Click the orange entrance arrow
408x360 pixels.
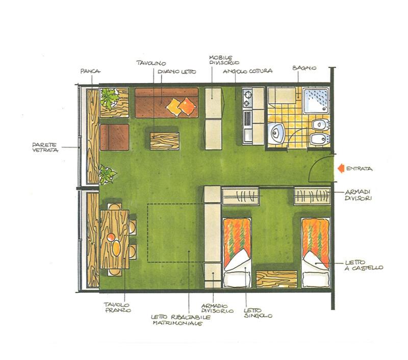click(x=341, y=169)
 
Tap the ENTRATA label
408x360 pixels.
click(x=360, y=169)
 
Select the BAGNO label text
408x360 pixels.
click(x=304, y=68)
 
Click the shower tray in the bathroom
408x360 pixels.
click(x=316, y=100)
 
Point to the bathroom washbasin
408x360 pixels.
click(x=276, y=133)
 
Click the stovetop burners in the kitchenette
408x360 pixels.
click(x=247, y=98)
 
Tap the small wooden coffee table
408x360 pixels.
click(x=164, y=141)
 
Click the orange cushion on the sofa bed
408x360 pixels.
click(x=188, y=106)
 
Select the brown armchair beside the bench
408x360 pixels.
click(x=114, y=137)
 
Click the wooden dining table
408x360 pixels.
click(x=114, y=239)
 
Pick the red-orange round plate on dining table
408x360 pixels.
click(x=111, y=237)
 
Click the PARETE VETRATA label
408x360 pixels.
click(x=45, y=147)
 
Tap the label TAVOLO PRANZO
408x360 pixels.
click(x=117, y=307)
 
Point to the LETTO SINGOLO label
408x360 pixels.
click(x=258, y=313)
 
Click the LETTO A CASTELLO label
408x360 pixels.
click(x=364, y=265)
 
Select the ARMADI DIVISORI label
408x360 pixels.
click(x=358, y=195)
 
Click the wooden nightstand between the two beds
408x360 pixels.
click(x=276, y=279)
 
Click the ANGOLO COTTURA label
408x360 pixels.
click(x=248, y=71)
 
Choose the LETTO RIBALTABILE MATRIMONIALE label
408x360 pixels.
click(x=181, y=320)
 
